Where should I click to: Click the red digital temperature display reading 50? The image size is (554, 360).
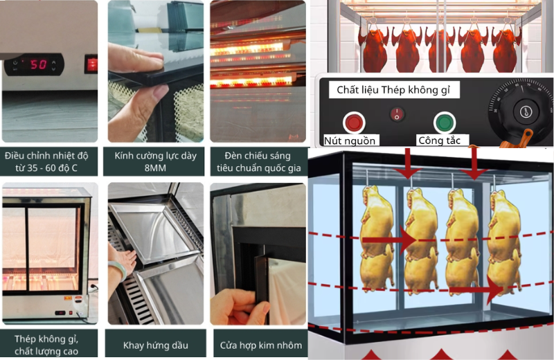coord(38,64)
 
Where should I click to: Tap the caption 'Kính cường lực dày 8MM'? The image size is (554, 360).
coord(155,161)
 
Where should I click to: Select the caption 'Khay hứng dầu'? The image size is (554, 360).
coord(155,345)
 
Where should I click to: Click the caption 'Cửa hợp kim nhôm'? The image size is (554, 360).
coord(261,345)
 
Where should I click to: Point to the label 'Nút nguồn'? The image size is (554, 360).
coord(350,141)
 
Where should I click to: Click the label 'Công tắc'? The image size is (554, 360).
coord(439,141)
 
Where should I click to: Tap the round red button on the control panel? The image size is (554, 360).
coord(354,123)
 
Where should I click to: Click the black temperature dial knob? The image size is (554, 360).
coord(525,112)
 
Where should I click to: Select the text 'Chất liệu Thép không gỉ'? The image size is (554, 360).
coord(393,90)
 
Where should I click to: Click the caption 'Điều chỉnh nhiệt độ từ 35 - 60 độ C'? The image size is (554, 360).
coord(46,161)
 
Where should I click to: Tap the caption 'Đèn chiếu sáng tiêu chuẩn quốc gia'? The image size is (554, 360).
coord(258,161)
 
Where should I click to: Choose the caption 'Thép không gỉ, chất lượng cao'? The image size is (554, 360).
coord(46,345)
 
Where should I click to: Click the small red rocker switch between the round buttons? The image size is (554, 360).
coord(397,114)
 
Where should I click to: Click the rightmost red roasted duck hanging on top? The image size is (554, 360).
coord(506,48)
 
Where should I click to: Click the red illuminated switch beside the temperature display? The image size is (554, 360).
coord(91,64)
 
